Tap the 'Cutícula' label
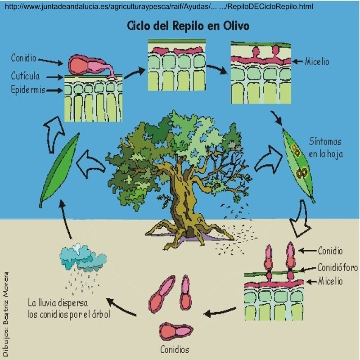25,76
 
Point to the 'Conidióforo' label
337,267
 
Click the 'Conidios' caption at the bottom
175,349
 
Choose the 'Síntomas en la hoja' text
326,147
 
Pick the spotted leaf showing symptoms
298,164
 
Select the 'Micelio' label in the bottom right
331,281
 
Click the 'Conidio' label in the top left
24,58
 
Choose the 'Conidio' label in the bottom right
330,251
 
